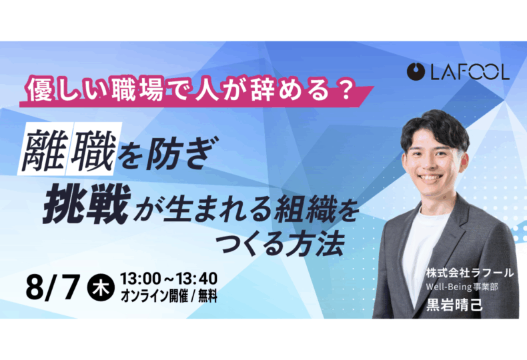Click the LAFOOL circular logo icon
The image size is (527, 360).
[416, 71]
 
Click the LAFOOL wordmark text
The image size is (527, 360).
[470, 71]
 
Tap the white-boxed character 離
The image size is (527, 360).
[43, 149]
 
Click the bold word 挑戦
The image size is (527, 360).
[87, 205]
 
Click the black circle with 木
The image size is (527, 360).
[101, 288]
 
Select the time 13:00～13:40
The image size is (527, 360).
[169, 279]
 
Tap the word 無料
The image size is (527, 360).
[207, 296]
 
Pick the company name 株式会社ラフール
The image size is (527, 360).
[470, 273]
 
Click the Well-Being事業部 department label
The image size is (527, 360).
[462, 287]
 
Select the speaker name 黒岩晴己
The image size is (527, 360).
[454, 305]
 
